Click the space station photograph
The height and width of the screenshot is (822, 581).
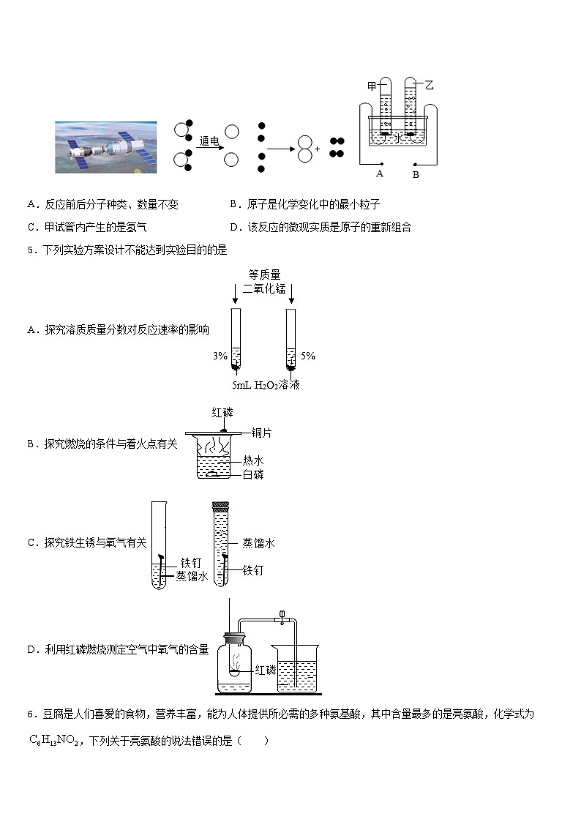click(105, 147)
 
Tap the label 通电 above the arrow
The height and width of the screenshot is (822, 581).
click(209, 140)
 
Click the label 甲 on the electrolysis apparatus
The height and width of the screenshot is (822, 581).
click(372, 86)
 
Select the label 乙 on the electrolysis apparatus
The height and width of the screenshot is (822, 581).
click(429, 86)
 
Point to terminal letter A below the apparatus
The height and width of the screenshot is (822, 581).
click(380, 174)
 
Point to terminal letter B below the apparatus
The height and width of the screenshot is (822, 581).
click(415, 175)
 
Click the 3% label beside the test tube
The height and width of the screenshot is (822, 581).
click(220, 356)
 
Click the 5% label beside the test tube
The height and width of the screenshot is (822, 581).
click(308, 356)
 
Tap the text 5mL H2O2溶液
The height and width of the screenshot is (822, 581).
click(266, 385)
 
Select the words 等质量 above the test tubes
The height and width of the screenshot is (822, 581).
click(264, 274)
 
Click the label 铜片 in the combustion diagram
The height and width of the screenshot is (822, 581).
click(261, 433)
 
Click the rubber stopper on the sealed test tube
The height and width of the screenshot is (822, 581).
click(220, 505)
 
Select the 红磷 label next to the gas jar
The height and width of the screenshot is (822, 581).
click(266, 670)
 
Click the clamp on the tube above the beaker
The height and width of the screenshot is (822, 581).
click(280, 618)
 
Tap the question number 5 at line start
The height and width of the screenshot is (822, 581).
click(30, 250)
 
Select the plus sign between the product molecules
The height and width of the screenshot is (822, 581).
click(318, 149)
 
